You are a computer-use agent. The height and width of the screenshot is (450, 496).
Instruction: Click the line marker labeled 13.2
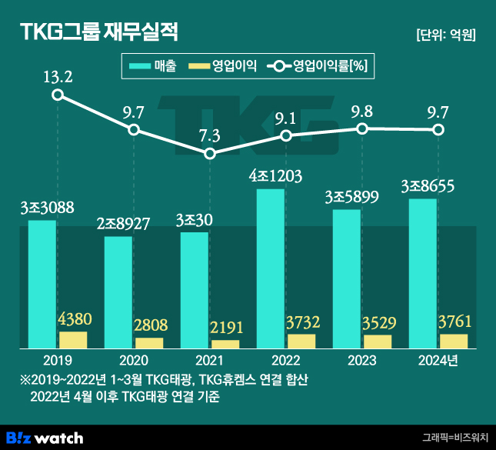point(58,95)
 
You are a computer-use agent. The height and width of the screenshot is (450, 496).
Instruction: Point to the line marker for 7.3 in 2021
point(210,153)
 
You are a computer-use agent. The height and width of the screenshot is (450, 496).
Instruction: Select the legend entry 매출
point(154,67)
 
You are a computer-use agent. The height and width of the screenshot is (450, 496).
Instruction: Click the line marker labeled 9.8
point(362,128)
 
